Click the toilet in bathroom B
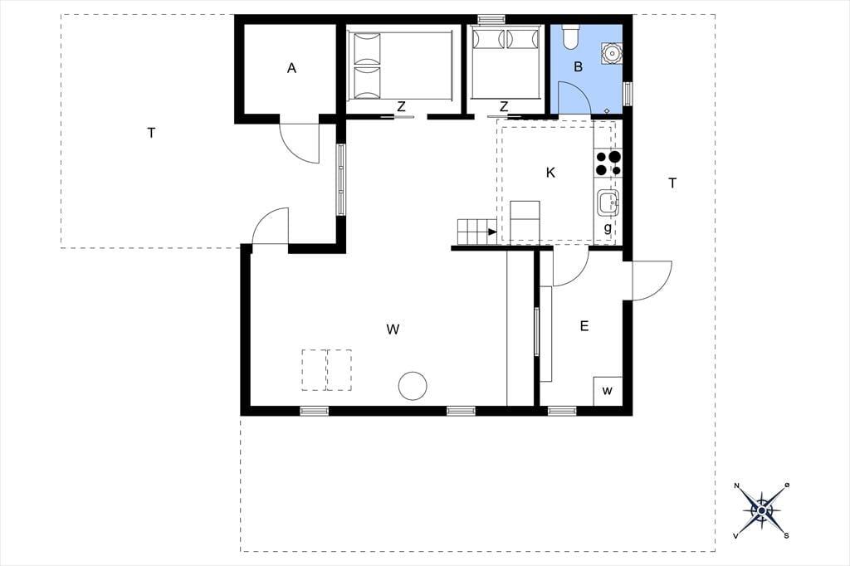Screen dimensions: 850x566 click(570, 37)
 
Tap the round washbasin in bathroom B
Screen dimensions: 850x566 click(612, 54)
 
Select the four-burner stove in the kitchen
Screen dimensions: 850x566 click(608, 163)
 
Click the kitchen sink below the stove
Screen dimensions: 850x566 click(608, 202)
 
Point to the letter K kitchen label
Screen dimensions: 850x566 click(551, 173)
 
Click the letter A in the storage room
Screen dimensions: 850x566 click(291, 68)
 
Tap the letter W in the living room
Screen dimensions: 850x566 click(393, 329)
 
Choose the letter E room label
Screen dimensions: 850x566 click(584, 326)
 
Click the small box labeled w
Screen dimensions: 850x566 click(608, 391)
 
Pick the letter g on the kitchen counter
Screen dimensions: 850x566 click(608, 228)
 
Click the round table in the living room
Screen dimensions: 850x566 click(413, 386)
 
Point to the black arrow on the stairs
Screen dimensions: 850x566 click(492, 232)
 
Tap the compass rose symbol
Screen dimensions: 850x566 click(762, 510)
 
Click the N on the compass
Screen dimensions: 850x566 click(737, 485)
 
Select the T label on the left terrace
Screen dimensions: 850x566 click(151, 133)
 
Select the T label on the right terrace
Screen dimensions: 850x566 click(672, 183)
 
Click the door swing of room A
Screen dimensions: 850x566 click(299, 143)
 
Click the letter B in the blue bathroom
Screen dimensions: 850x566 click(578, 67)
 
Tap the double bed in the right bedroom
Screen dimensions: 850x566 click(506, 63)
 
